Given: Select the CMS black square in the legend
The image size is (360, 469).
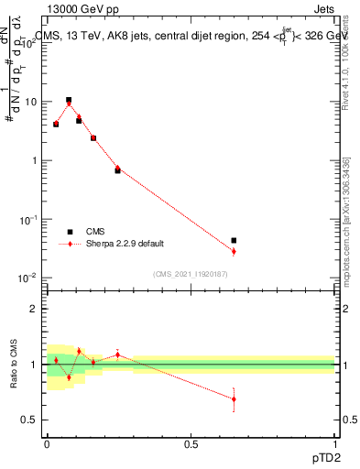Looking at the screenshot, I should click(70, 232).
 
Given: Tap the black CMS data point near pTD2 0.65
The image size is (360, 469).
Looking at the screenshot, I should click(234, 240).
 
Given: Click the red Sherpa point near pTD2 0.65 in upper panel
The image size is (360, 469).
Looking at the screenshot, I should click(234, 251).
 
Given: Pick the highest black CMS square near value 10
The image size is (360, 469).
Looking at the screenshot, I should click(69, 100).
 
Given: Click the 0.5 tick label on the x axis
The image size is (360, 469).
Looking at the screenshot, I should click(191, 443).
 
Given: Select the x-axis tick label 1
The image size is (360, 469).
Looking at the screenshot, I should click(334, 443).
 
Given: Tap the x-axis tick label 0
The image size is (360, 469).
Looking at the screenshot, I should click(47, 443).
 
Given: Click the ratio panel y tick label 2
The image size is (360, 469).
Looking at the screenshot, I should click(34, 309).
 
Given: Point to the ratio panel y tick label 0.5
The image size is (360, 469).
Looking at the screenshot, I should click(29, 420).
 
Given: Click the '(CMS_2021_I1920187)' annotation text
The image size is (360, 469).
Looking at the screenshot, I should click(191, 273).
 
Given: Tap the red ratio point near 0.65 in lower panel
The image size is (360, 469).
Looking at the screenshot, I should click(234, 398).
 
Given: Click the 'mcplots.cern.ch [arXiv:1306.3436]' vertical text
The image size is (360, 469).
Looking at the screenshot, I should click(345, 220).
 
